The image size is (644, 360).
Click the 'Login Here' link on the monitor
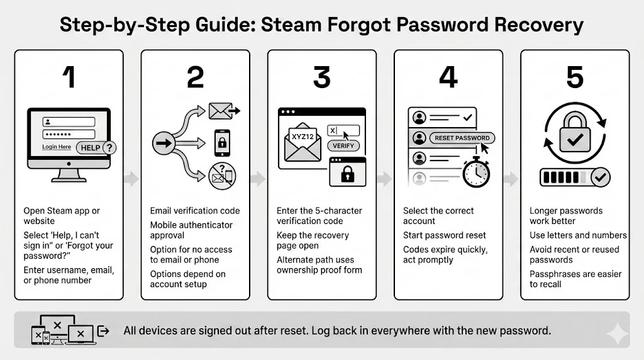pos(57,147)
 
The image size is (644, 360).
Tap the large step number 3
pos(321,77)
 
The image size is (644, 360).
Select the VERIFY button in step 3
pos(343,145)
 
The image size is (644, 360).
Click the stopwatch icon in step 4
pos(476,171)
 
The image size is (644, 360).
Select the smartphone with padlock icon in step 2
pos(221,143)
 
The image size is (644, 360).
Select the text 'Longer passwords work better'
pos(566,216)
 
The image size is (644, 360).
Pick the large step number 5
pos(574,77)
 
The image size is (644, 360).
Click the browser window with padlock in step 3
pos(347,172)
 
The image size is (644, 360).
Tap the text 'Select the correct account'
pos(438,216)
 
